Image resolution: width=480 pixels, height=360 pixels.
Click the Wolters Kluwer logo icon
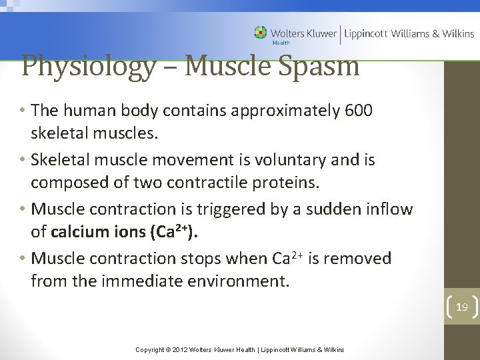click(x=260, y=32)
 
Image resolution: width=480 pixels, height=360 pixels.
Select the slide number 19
click(x=462, y=307)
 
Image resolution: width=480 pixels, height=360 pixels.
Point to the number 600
click(x=359, y=111)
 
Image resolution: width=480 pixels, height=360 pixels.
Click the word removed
click(x=358, y=258)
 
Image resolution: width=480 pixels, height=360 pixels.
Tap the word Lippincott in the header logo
click(x=367, y=33)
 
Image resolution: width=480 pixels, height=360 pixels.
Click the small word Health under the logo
click(x=281, y=43)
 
